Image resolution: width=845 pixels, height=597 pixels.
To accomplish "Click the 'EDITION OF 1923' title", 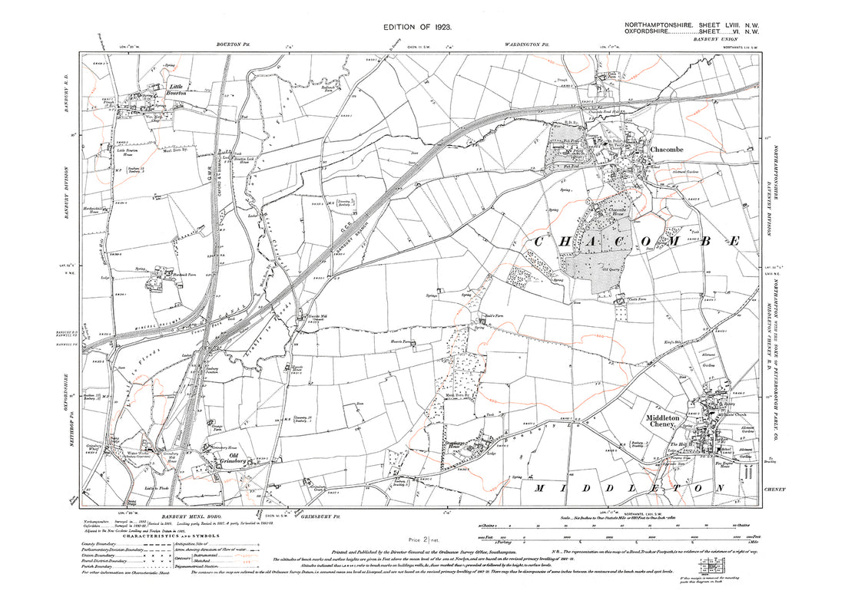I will click(x=422, y=27).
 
